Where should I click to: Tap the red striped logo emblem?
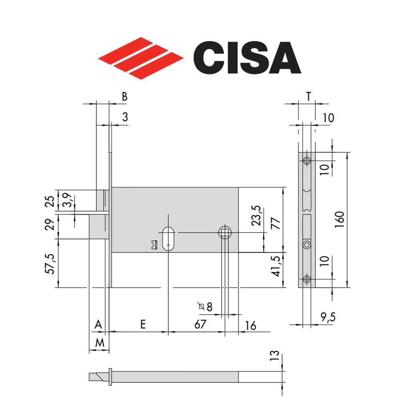click(x=141, y=58)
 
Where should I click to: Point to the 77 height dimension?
click(x=276, y=223)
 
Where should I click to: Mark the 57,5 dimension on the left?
click(x=50, y=263)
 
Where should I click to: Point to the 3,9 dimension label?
click(x=69, y=200)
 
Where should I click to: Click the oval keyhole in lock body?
click(x=168, y=239)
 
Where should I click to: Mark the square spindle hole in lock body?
click(x=225, y=232)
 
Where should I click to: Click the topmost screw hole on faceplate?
click(x=307, y=161)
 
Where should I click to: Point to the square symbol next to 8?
click(x=202, y=307)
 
